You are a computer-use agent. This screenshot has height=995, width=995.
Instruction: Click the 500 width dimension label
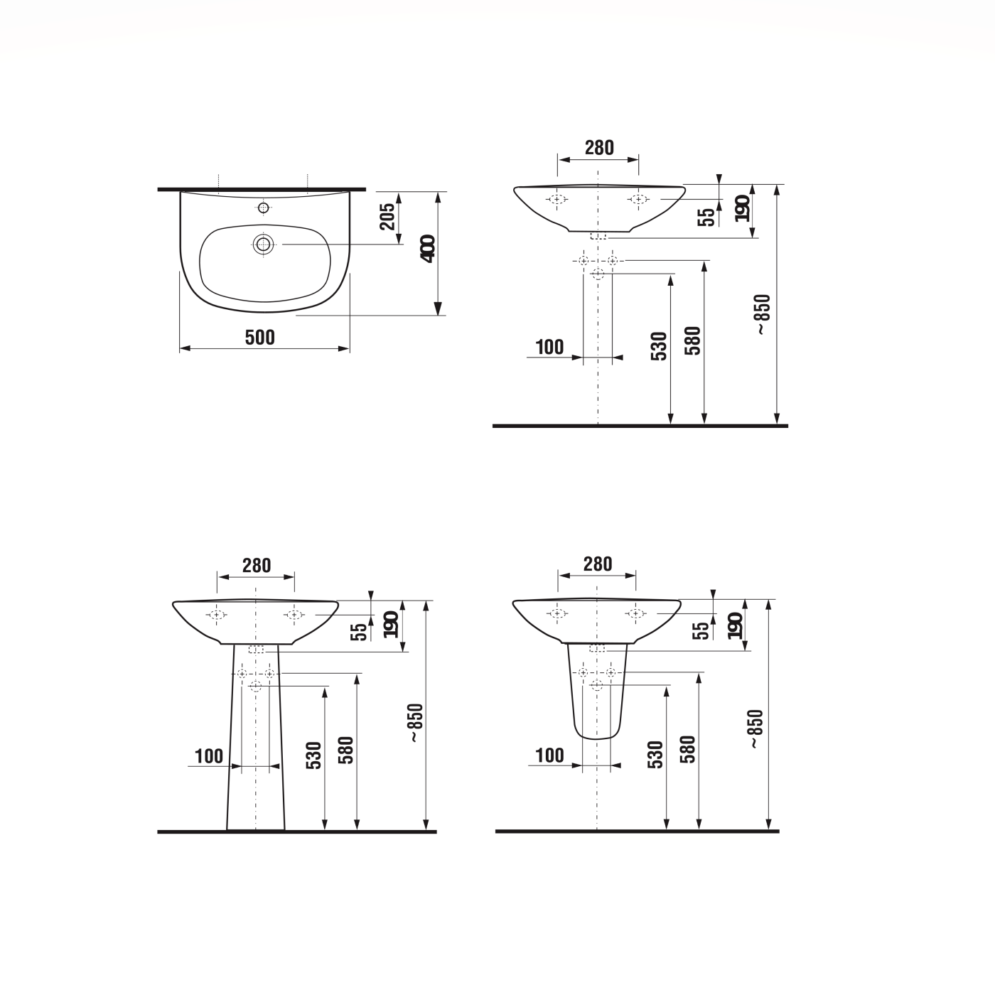click(260, 337)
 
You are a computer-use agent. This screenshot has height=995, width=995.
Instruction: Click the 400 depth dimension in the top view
click(428, 248)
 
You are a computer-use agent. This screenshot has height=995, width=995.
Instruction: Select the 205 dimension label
click(387, 216)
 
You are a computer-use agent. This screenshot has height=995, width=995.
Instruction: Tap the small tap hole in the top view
click(264, 208)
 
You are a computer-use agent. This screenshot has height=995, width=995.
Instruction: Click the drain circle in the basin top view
click(264, 244)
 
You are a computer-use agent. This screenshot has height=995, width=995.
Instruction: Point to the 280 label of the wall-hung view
click(599, 147)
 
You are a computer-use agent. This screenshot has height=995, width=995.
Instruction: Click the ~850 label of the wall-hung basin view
click(763, 315)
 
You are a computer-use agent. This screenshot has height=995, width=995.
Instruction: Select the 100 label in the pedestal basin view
click(209, 756)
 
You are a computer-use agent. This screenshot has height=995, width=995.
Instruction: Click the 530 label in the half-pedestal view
click(656, 755)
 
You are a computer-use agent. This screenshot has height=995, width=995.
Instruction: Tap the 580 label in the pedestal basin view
click(346, 750)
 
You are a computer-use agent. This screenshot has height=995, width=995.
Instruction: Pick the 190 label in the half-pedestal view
click(736, 625)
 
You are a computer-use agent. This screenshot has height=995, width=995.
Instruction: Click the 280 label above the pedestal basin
click(257, 565)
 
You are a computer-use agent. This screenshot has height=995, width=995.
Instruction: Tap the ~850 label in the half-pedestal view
click(756, 728)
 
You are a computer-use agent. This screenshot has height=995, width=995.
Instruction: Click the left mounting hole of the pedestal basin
click(217, 615)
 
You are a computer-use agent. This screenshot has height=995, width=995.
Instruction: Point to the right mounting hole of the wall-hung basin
click(638, 199)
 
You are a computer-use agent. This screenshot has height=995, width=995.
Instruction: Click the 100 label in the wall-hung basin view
click(549, 347)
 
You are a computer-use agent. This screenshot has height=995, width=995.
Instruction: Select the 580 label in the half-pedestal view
click(688, 750)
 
